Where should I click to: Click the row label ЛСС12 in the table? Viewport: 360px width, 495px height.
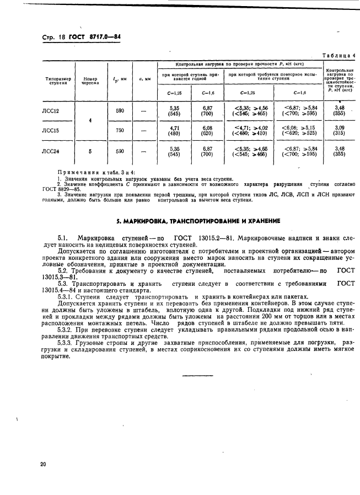click(x=51, y=111)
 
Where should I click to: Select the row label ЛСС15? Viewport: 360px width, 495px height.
click(x=51, y=130)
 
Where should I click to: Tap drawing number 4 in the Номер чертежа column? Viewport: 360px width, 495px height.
click(x=90, y=120)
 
